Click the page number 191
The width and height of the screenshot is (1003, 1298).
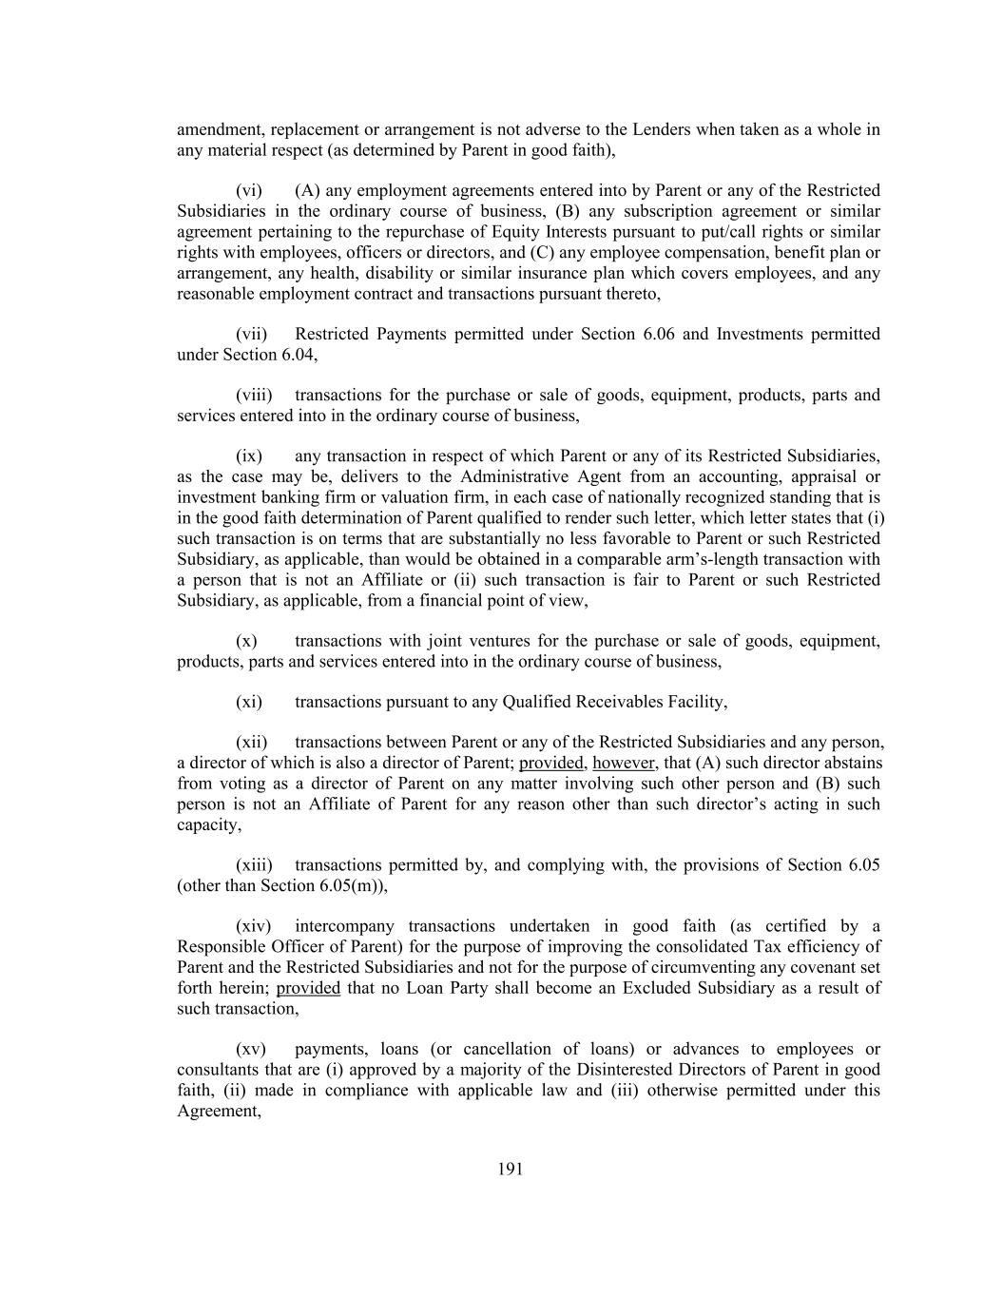tap(510, 1170)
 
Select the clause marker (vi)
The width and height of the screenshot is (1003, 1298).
tap(249, 190)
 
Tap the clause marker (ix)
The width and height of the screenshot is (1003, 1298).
tap(249, 456)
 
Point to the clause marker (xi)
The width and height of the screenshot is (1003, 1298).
tap(249, 702)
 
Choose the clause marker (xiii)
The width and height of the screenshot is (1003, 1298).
tap(254, 865)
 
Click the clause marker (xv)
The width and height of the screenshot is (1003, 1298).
tap(251, 1050)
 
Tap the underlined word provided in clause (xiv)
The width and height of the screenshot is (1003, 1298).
tap(308, 988)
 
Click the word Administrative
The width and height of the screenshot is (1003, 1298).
tap(514, 476)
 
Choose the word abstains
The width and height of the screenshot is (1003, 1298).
tap(852, 764)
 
